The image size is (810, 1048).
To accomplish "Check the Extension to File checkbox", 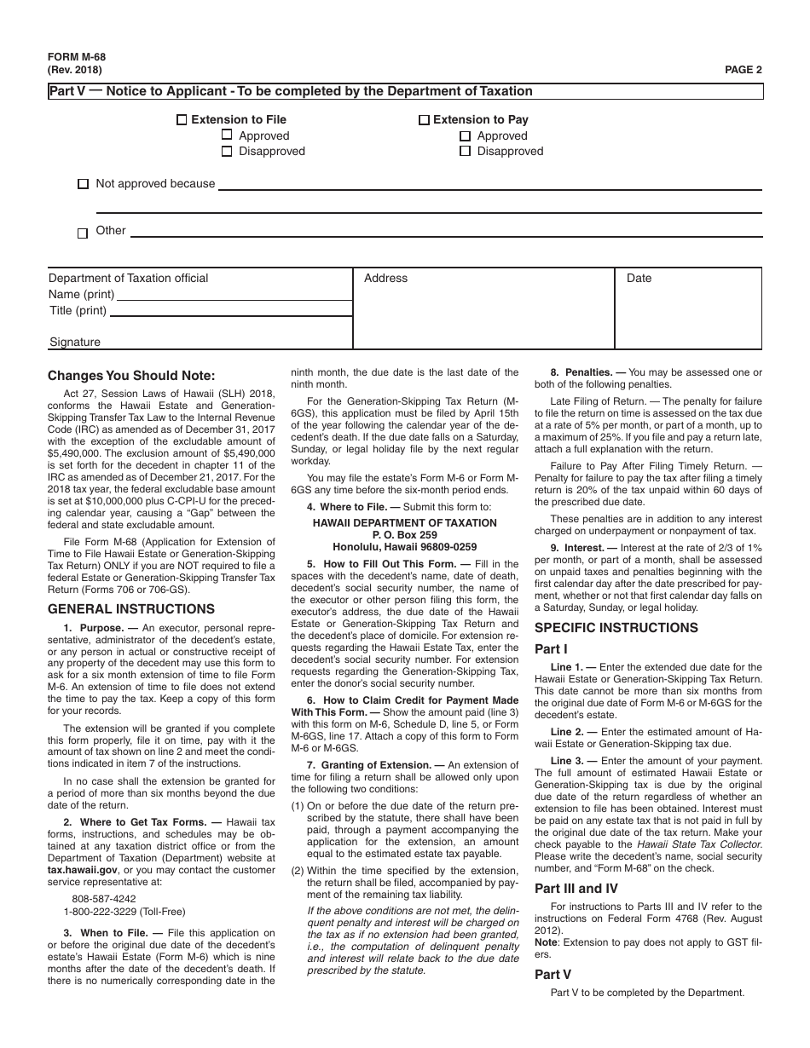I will [182, 120].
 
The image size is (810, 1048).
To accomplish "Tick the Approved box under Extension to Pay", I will [465, 135].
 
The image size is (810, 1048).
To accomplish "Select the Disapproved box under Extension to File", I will [227, 152].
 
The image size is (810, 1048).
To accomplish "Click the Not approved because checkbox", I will [83, 184].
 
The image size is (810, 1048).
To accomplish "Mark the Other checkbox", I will [83, 233].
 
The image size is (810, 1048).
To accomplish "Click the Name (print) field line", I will [233, 295].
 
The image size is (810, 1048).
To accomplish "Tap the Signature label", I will [74, 342].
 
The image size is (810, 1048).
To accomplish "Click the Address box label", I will [385, 278].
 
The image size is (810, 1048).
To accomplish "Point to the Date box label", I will [639, 278].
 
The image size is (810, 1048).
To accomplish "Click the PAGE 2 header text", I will [743, 70].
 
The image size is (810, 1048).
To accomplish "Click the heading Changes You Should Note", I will [131, 376].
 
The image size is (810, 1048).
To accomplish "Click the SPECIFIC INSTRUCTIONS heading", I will [616, 628].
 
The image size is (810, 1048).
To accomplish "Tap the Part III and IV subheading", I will [576, 888].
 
